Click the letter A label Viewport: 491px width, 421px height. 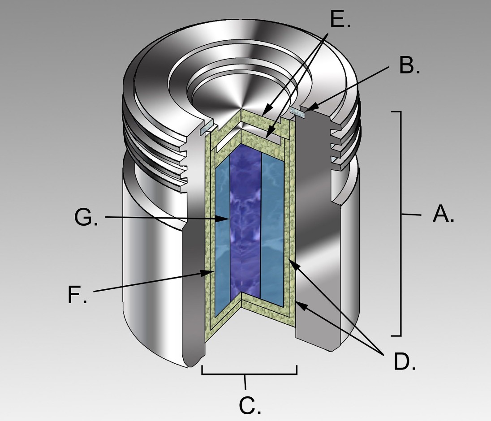pyautogui.click(x=443, y=214)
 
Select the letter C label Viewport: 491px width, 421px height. pyautogui.click(x=250, y=406)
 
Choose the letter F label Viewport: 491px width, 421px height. pyautogui.click(x=78, y=295)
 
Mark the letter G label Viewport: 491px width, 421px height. pyautogui.click(x=86, y=217)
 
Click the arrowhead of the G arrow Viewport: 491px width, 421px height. pyautogui.click(x=226, y=219)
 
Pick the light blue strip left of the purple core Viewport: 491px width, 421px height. pyautogui.click(x=223, y=238)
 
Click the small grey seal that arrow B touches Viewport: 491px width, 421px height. pyautogui.click(x=297, y=112)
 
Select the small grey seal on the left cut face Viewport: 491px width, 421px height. pyautogui.click(x=208, y=129)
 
